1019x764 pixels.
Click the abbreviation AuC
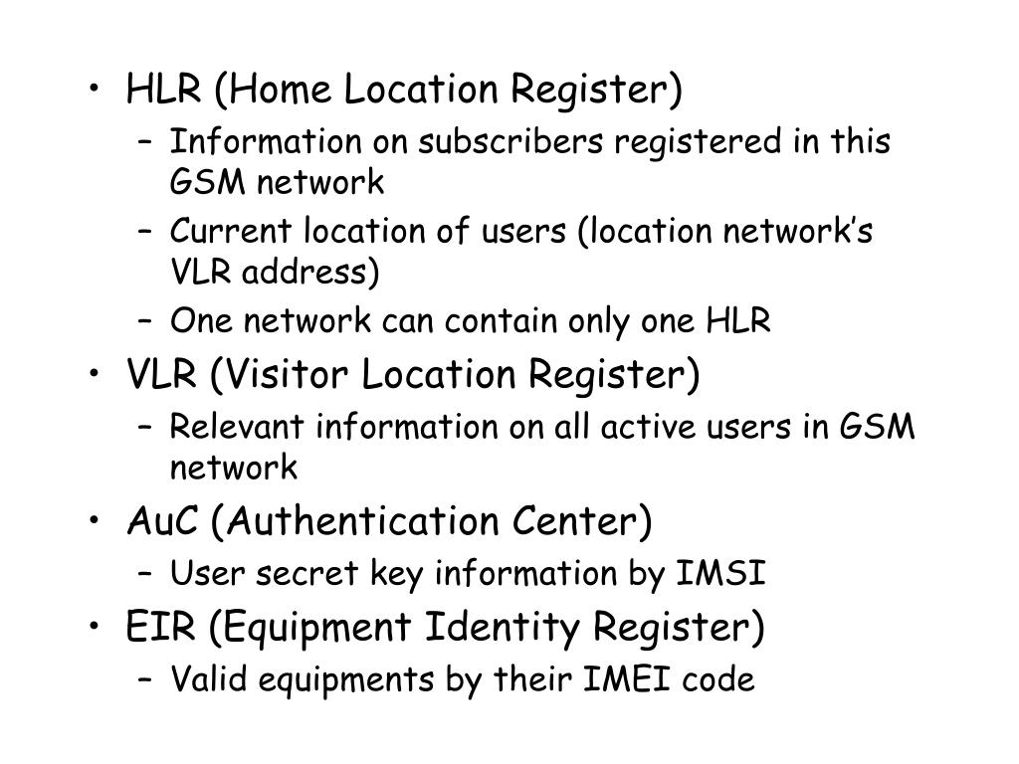pyautogui.click(x=159, y=521)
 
